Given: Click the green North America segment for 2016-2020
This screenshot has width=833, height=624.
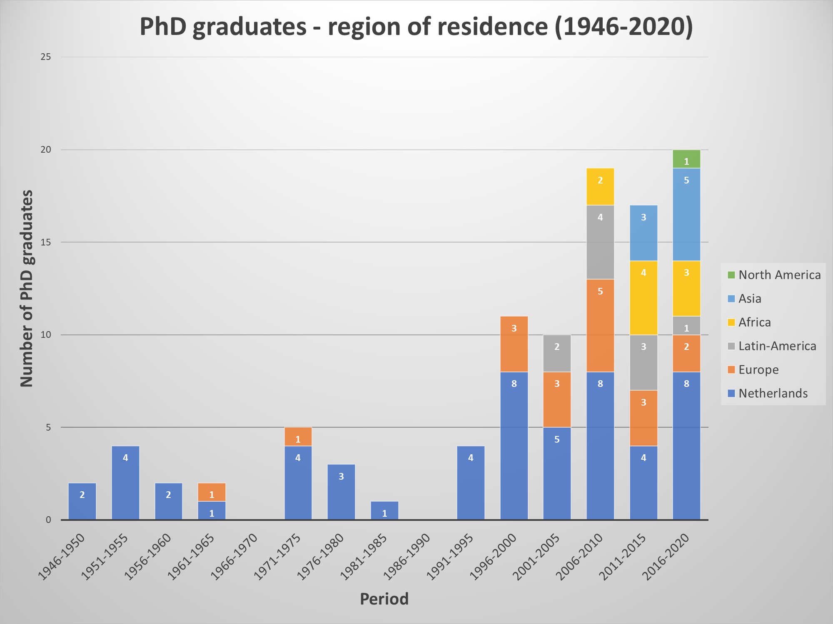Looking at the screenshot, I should [x=686, y=159].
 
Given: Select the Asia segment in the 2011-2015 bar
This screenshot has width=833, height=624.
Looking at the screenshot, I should [x=643, y=233].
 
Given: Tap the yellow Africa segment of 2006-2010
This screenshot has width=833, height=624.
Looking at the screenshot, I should [x=600, y=187].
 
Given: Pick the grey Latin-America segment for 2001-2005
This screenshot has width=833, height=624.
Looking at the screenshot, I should [x=557, y=353].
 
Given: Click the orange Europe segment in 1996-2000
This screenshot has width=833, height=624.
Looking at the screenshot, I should [x=514, y=344].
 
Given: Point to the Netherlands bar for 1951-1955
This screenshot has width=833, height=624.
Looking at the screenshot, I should [x=125, y=483].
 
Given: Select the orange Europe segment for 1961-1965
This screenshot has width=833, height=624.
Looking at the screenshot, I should [x=212, y=492].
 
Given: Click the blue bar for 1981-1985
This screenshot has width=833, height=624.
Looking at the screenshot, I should [x=384, y=510].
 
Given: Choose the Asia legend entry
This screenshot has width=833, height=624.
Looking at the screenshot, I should [x=749, y=299].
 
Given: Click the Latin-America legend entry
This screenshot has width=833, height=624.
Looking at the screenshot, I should [x=777, y=346].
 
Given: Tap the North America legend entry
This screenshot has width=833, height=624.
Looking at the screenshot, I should [x=779, y=275].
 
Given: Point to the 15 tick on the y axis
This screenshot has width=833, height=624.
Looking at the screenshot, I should [x=46, y=242].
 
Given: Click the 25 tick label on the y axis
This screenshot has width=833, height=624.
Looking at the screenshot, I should [x=46, y=57].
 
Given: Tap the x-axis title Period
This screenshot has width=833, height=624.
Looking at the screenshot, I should [x=384, y=599].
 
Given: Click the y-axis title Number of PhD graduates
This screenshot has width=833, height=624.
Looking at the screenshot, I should [x=27, y=288].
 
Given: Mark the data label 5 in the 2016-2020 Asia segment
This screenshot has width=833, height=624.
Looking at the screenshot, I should [x=686, y=180].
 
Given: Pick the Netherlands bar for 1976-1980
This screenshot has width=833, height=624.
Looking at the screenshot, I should [x=341, y=492].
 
